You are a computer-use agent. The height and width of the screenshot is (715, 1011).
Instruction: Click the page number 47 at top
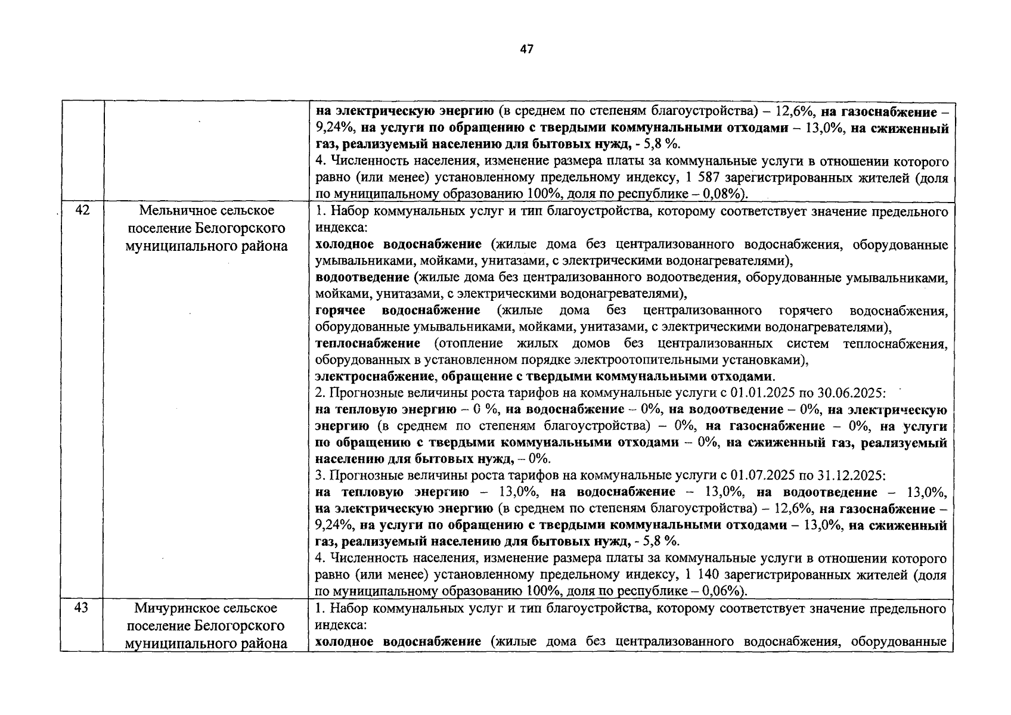[526, 49]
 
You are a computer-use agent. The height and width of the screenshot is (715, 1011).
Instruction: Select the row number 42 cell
[82, 210]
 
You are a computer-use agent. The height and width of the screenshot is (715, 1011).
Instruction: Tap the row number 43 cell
[82, 607]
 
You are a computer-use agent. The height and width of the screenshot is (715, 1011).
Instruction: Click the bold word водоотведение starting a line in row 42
[362, 278]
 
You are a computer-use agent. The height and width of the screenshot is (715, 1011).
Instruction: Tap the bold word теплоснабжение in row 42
[367, 344]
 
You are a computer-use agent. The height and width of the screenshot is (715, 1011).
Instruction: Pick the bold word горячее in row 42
[340, 310]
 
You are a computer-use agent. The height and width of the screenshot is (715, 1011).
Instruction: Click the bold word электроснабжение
[374, 377]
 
